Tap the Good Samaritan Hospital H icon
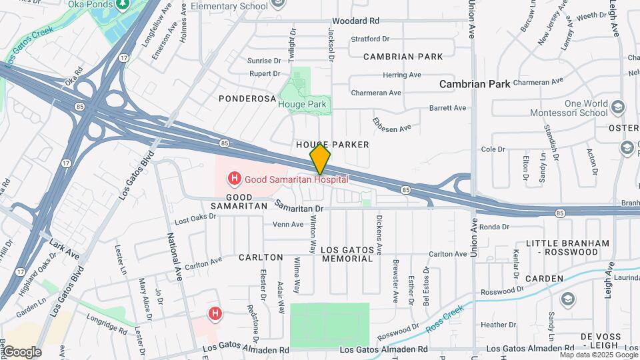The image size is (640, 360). [234, 179]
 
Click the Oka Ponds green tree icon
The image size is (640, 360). [122, 4]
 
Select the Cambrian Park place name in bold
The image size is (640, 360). [475, 84]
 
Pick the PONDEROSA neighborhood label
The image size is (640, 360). [247, 99]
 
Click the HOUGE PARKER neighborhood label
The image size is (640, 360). [333, 145]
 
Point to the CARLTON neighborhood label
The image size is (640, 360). [261, 257]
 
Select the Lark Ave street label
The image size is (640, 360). [63, 251]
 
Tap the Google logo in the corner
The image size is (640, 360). [21, 351]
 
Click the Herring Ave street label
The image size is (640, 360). [402, 75]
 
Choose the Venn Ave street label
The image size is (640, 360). [288, 225]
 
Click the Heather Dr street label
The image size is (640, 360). [495, 325]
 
